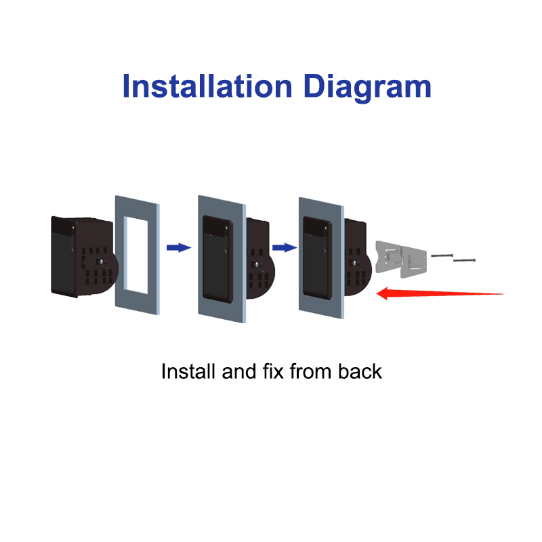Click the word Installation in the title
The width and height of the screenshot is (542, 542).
coord(207,86)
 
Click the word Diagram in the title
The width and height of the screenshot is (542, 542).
coord(367,88)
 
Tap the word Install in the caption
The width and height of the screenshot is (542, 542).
coord(188,371)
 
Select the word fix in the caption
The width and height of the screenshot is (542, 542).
coord(273,371)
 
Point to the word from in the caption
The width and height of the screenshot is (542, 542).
coord(311,371)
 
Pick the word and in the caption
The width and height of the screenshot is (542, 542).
coord(239,371)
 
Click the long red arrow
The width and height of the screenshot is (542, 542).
coord(439,294)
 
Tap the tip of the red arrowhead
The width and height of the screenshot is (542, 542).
coord(376,294)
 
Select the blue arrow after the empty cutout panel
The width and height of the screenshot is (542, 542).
coord(179,247)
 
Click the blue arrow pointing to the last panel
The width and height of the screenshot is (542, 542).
coord(285,247)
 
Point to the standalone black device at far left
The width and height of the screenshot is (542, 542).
coord(83,257)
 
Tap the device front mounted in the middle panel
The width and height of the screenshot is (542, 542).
coord(217,259)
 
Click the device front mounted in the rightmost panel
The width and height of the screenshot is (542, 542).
coord(317,258)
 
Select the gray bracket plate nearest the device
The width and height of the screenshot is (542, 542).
coord(389,257)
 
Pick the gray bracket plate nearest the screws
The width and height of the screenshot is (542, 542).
coord(413,262)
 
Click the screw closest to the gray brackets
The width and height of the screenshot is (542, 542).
coord(442,255)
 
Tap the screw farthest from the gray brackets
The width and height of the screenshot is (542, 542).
coord(464,260)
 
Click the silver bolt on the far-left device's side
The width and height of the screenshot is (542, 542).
coord(101,262)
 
